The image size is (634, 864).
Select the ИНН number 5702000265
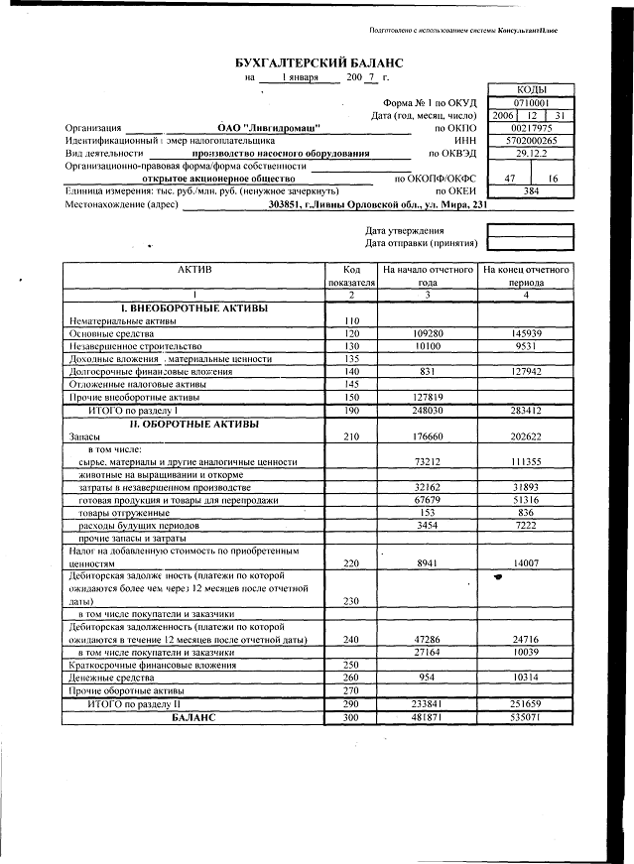[x=531, y=141]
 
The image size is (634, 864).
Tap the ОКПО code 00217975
[x=531, y=128]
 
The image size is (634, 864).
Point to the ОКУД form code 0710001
[x=531, y=102]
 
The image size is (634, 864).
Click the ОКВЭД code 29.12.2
[x=531, y=154]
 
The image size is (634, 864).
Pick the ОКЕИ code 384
[x=531, y=191]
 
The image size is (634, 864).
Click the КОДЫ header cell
[x=531, y=89]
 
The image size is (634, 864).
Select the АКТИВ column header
[x=194, y=270]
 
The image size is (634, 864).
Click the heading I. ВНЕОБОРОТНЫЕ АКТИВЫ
[x=194, y=309]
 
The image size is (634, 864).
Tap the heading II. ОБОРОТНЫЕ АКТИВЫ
[x=194, y=424]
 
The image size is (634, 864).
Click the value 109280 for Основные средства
[x=427, y=334]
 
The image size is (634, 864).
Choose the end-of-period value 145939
[x=526, y=334]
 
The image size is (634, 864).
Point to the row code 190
[x=350, y=410]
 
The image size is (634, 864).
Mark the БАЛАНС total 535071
[x=526, y=716]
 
